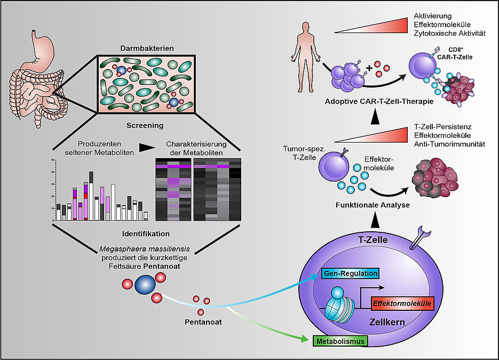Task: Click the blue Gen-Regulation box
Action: point(351,273)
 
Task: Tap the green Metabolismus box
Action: point(340,340)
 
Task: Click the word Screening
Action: point(145,126)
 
